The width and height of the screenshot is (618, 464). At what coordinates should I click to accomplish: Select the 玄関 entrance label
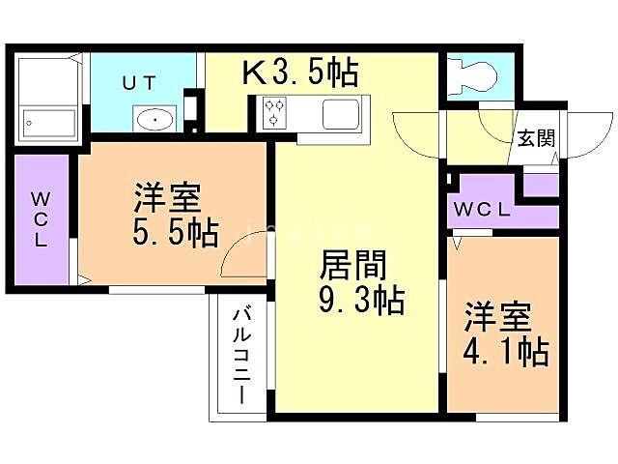pos(534,138)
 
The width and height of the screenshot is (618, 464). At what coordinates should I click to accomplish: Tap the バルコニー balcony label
pos(241,355)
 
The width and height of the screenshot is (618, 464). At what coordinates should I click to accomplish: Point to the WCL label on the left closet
pos(40,220)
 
